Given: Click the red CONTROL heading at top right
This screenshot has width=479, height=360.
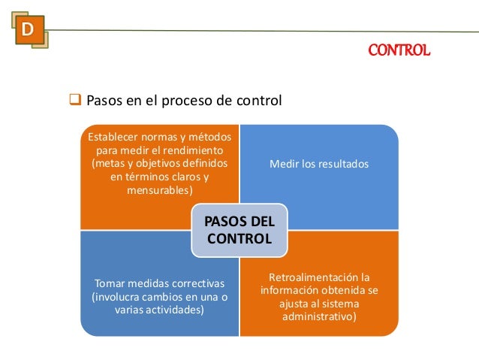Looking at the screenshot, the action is (399, 51).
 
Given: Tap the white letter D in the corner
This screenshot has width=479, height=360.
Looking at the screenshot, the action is (28, 30).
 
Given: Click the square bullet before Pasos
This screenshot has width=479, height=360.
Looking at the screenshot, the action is (75, 99).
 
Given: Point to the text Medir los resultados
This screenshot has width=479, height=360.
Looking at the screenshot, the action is (320, 163).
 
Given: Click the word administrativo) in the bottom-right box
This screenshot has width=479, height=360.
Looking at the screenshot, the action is (320, 317).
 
